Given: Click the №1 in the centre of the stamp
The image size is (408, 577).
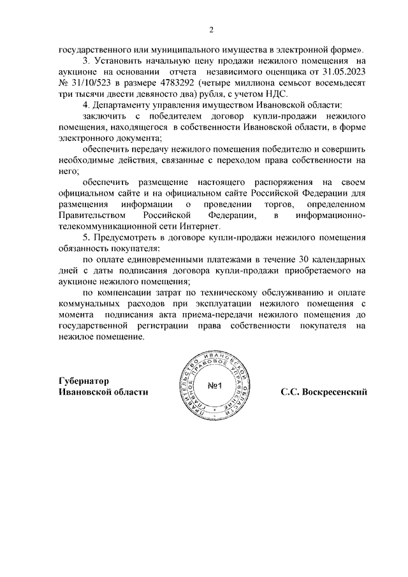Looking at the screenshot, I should tap(214, 387).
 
